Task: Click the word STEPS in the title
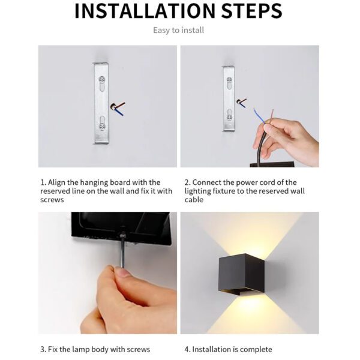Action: tap(247, 11)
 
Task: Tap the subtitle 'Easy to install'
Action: tap(178, 30)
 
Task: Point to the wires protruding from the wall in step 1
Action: tap(120, 107)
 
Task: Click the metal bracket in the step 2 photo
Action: tap(229, 98)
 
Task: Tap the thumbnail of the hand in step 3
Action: tap(124, 273)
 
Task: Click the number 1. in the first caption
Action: tap(43, 182)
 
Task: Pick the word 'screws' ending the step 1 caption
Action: tap(52, 200)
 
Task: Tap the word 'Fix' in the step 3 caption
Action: tap(55, 349)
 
